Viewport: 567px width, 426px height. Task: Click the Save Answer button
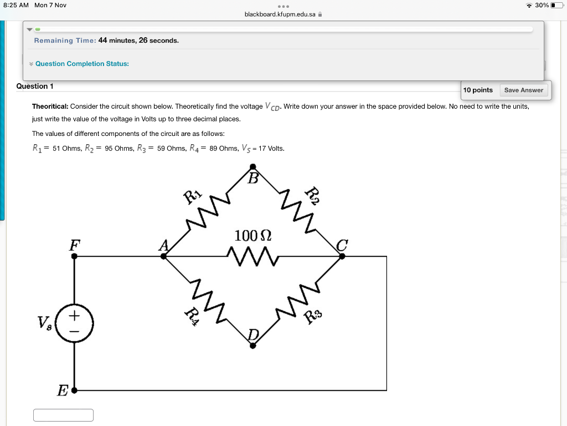point(523,90)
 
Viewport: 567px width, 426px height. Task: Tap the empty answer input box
point(63,415)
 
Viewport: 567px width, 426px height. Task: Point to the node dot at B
point(253,166)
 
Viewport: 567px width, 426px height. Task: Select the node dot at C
point(342,256)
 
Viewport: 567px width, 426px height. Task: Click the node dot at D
point(253,346)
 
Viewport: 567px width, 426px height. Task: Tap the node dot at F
point(75,256)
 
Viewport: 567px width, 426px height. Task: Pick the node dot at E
point(75,390)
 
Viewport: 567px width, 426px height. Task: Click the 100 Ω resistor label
point(252,235)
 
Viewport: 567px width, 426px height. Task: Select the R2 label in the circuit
point(313,196)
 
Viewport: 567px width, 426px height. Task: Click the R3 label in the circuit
point(313,317)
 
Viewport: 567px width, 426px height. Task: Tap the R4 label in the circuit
point(192,317)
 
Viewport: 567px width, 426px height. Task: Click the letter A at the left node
point(164,245)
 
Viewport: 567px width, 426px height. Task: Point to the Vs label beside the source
point(44,322)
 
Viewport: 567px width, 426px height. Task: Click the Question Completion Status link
point(82,64)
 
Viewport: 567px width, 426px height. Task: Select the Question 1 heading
point(35,86)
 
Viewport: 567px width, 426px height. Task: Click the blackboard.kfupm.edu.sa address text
point(280,14)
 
